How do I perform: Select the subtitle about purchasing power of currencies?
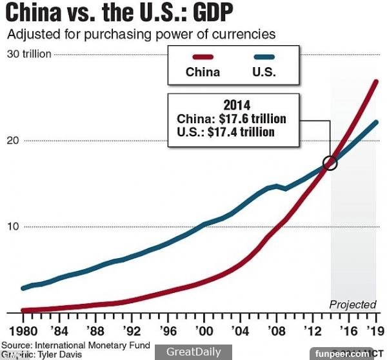[141, 34]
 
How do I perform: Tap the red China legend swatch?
[202, 57]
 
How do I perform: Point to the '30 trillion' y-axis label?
[28, 54]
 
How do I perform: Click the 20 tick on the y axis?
[12, 141]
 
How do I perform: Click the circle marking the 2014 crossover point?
[331, 163]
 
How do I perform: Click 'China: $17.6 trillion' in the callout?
[231, 119]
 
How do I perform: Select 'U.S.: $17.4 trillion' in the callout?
[226, 132]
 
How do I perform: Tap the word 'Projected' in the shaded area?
[352, 305]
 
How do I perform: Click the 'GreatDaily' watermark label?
[193, 352]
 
